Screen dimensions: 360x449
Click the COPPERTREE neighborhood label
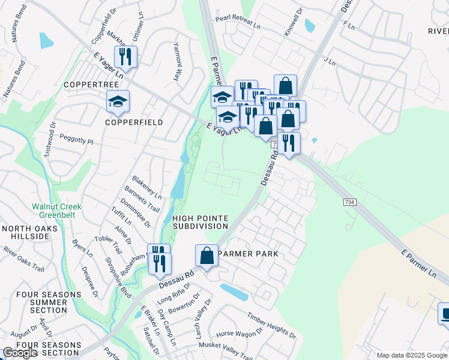tap(95, 85)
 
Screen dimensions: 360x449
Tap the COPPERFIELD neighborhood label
tap(134, 122)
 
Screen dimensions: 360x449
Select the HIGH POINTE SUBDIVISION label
tap(200, 222)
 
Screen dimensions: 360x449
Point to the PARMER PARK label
tap(248, 254)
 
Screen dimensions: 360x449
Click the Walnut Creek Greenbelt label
tap(56, 211)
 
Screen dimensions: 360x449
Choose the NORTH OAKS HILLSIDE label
tap(29, 232)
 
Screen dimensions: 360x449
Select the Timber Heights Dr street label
tap(271, 323)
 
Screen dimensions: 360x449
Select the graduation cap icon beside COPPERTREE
tap(118, 103)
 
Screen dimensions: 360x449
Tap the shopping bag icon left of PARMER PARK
tap(206, 256)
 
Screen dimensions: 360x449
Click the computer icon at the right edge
tap(445, 314)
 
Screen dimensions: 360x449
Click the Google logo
tap(20, 353)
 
